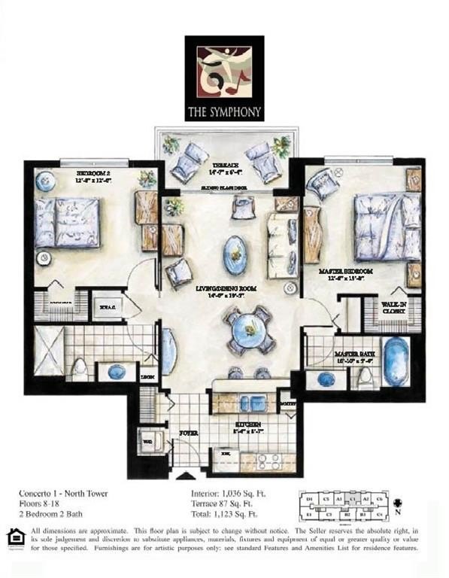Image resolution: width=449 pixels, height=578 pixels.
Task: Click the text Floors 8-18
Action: pyautogui.click(x=42, y=506)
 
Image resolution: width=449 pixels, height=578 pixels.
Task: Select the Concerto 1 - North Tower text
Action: pyautogui.click(x=63, y=494)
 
